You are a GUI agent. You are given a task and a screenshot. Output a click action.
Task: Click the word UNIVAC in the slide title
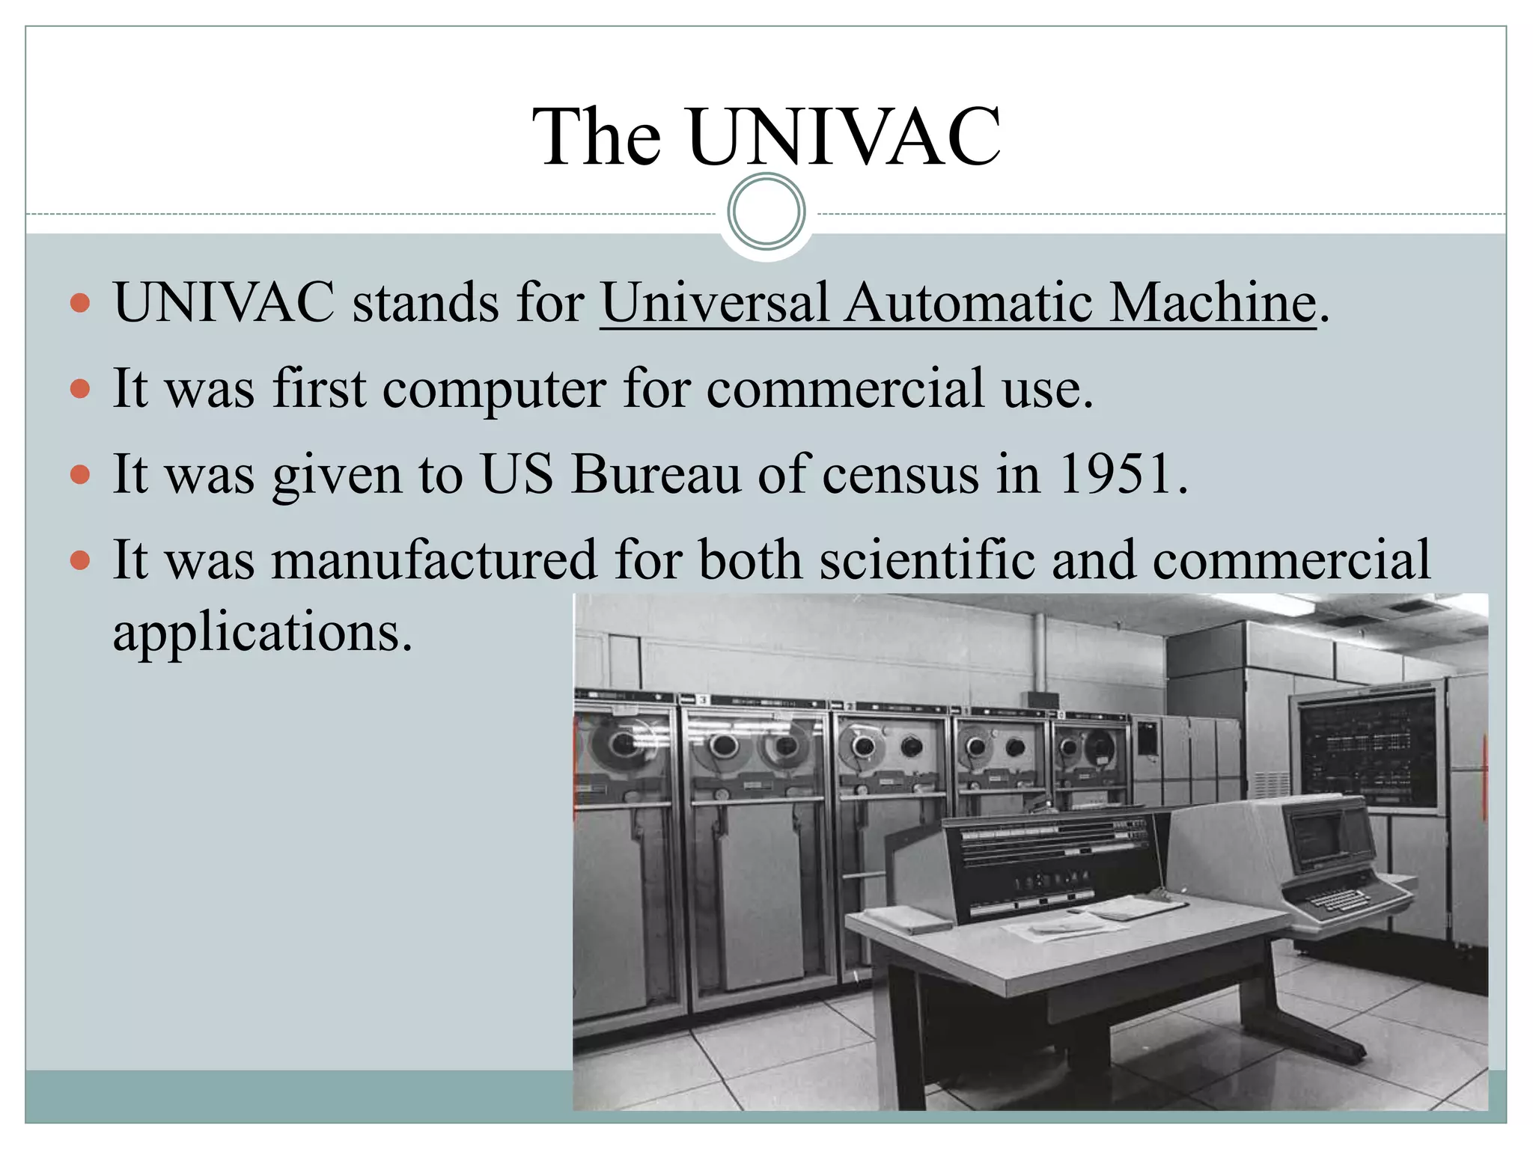click(x=844, y=137)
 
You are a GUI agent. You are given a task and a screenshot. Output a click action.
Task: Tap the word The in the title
click(x=597, y=137)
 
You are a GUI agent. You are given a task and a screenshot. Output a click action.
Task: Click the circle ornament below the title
click(x=766, y=212)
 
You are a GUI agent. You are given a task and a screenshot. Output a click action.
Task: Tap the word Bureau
click(x=656, y=474)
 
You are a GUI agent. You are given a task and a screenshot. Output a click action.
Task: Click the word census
click(x=900, y=474)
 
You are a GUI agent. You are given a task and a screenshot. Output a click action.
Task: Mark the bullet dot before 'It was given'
click(x=80, y=475)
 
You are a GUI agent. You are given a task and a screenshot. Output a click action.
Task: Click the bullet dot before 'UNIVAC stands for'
click(x=80, y=304)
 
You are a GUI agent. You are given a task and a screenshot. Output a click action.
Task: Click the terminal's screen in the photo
click(x=1315, y=834)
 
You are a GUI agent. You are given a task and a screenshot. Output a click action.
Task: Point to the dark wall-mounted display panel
click(x=1368, y=748)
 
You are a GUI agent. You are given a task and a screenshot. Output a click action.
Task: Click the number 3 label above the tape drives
click(x=702, y=700)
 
